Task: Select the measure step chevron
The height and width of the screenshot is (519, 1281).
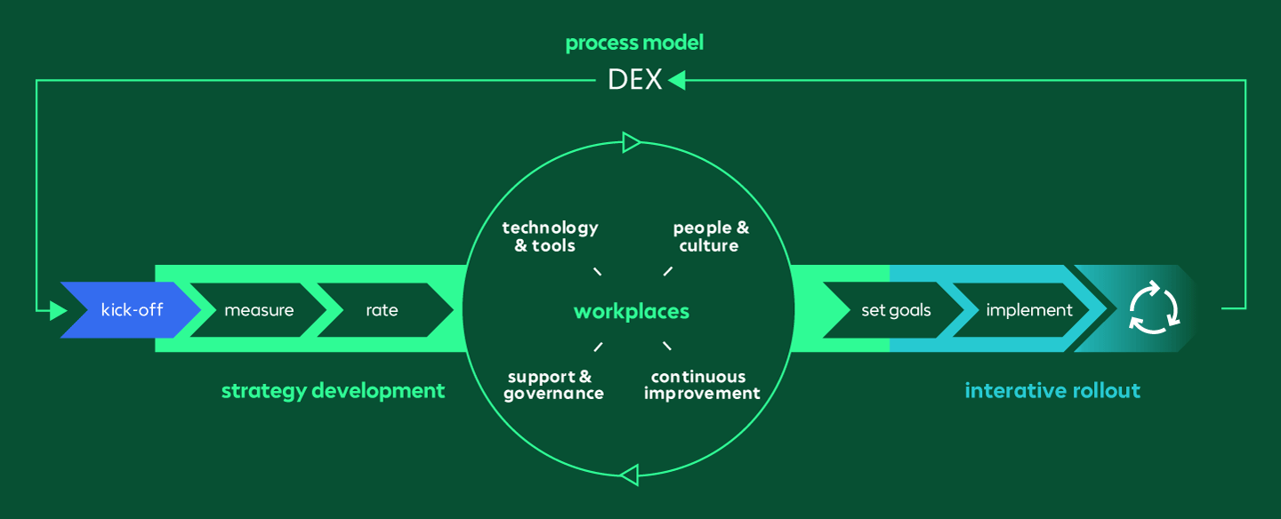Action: [258, 310]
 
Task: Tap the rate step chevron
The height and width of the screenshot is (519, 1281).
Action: [383, 310]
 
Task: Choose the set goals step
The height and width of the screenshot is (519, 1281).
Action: [895, 310]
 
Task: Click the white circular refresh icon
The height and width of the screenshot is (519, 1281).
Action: [1154, 308]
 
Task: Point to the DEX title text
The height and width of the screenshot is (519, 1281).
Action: [635, 80]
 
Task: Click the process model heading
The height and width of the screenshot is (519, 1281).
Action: [634, 43]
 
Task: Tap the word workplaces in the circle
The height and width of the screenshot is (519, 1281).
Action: [632, 311]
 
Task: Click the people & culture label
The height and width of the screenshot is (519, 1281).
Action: [710, 236]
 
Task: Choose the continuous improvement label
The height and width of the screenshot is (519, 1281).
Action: [702, 385]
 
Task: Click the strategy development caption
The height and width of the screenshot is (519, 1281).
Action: [333, 390]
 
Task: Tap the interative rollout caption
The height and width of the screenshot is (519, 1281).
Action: [1052, 390]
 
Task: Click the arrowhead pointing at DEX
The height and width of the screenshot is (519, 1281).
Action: [677, 80]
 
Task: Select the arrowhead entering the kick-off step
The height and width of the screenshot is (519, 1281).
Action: [59, 310]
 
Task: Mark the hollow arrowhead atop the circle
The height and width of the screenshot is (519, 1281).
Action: [631, 142]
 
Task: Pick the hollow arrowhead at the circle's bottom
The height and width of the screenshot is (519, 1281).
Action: [629, 475]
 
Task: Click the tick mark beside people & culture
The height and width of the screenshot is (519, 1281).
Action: [668, 271]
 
